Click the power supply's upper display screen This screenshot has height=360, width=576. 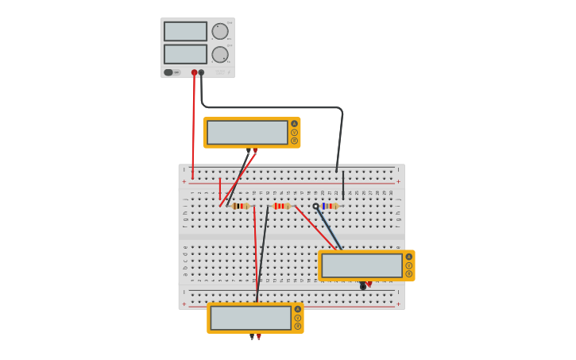[185, 31]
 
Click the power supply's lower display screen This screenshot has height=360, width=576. [185, 54]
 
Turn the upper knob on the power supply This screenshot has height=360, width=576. [220, 31]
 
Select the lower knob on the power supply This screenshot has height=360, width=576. [220, 54]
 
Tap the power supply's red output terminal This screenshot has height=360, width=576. [194, 72]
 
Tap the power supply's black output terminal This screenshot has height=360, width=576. [201, 72]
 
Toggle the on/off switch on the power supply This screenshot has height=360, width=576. [168, 72]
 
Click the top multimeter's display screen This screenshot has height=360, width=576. [247, 133]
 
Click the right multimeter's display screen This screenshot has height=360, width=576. [361, 265]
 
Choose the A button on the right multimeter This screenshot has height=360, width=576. [409, 257]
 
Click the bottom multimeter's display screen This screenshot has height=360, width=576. [251, 318]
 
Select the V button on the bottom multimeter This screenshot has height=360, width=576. [298, 318]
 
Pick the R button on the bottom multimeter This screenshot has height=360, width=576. [298, 326]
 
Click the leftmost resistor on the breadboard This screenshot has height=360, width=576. [241, 206]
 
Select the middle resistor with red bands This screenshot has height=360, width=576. [281, 206]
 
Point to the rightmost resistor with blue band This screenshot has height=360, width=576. [330, 206]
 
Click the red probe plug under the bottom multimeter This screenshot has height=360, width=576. [258, 337]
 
